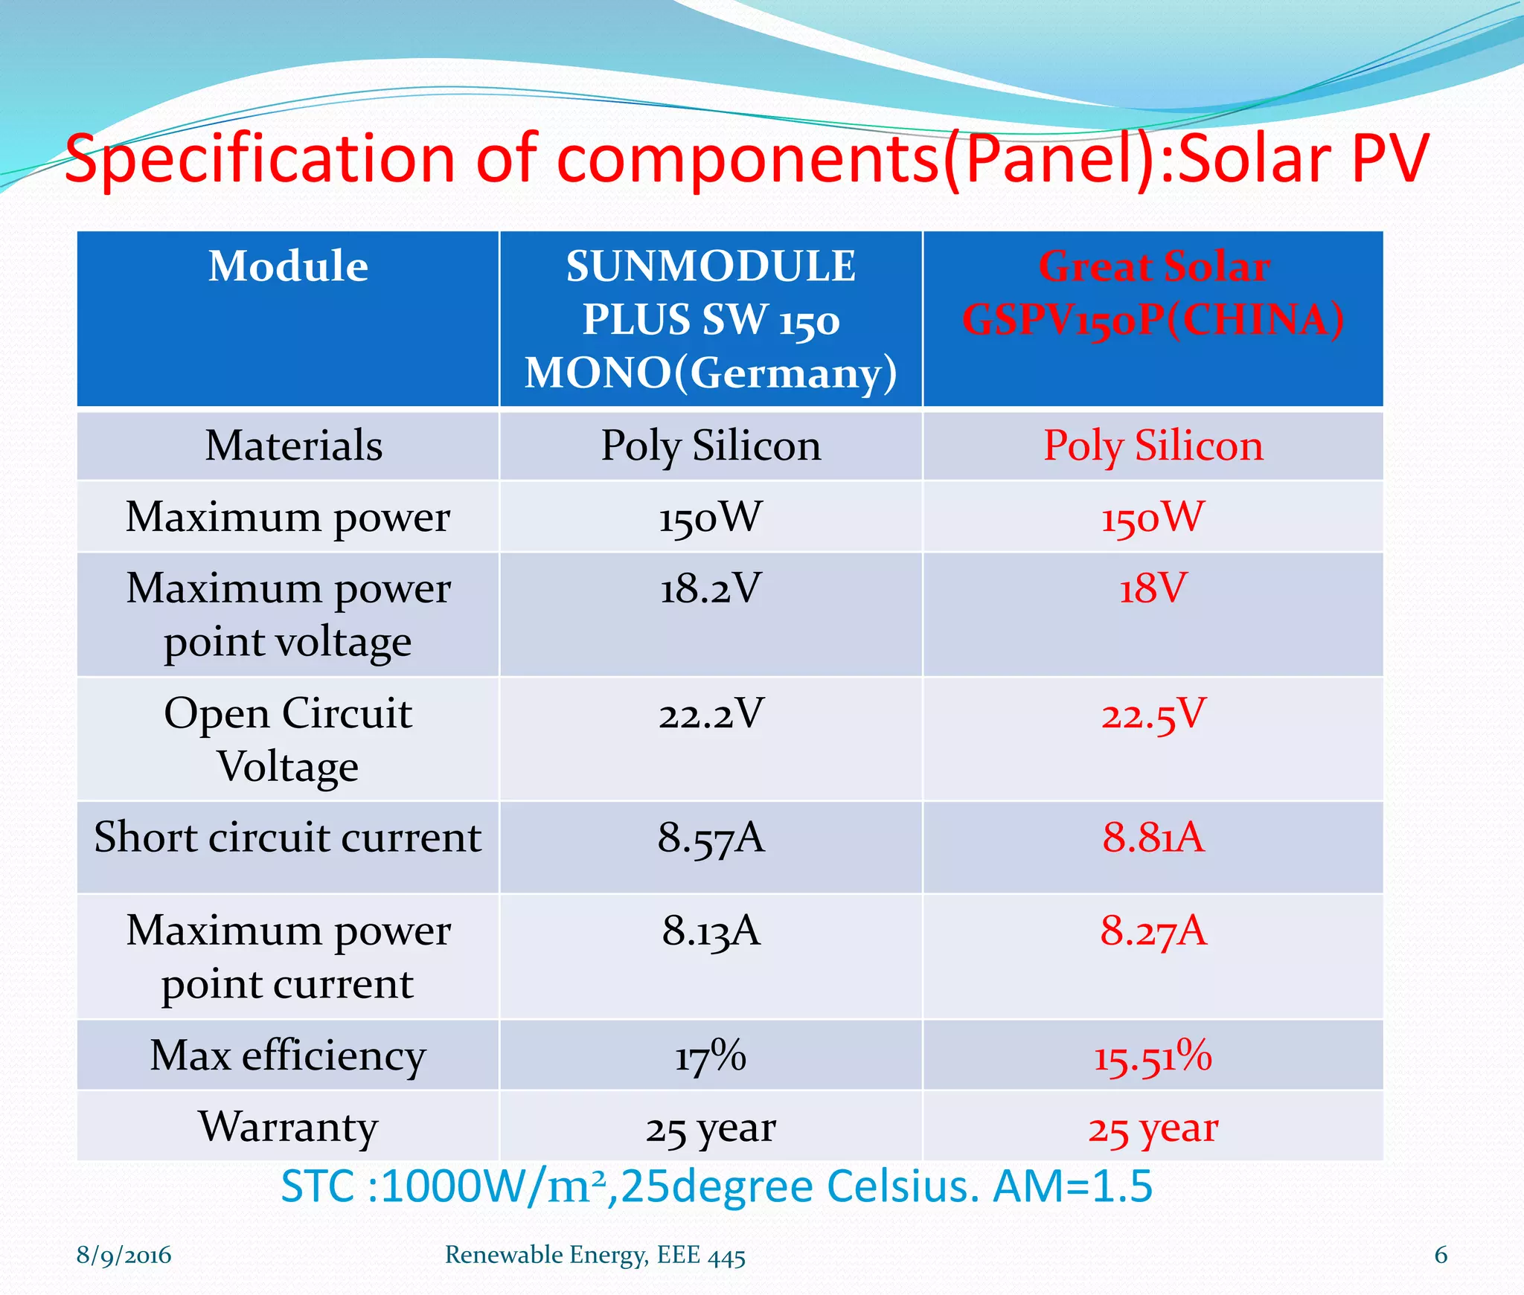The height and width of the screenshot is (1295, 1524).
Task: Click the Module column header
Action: click(288, 266)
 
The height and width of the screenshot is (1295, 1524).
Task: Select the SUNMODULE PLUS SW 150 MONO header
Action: click(711, 320)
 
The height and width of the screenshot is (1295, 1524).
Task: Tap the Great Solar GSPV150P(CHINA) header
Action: click(1153, 293)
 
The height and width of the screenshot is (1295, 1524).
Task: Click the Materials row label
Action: click(293, 446)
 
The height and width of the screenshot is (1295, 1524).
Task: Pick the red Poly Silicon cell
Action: click(1153, 446)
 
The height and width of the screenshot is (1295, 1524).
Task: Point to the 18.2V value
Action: click(711, 588)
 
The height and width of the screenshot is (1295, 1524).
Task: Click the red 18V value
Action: click(1153, 588)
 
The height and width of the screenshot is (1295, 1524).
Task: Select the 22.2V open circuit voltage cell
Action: click(711, 713)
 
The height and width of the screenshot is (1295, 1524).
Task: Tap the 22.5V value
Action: click(1153, 715)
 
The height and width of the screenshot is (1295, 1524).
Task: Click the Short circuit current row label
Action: click(288, 838)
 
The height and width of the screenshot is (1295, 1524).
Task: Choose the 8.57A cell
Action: click(711, 838)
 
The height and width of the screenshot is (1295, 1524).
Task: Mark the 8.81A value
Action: click(1153, 838)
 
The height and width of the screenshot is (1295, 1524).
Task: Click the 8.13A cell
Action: click(711, 931)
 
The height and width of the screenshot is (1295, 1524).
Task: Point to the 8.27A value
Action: click(1153, 931)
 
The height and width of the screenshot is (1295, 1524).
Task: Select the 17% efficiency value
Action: click(711, 1056)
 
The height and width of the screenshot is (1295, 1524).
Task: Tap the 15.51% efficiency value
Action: click(1153, 1056)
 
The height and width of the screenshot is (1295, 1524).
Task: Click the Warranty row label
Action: click(288, 1126)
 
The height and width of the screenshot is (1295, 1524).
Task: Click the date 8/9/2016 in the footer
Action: click(124, 1256)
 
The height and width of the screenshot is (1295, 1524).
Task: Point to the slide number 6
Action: click(1441, 1255)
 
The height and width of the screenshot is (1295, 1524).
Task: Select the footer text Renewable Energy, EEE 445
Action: click(595, 1256)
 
